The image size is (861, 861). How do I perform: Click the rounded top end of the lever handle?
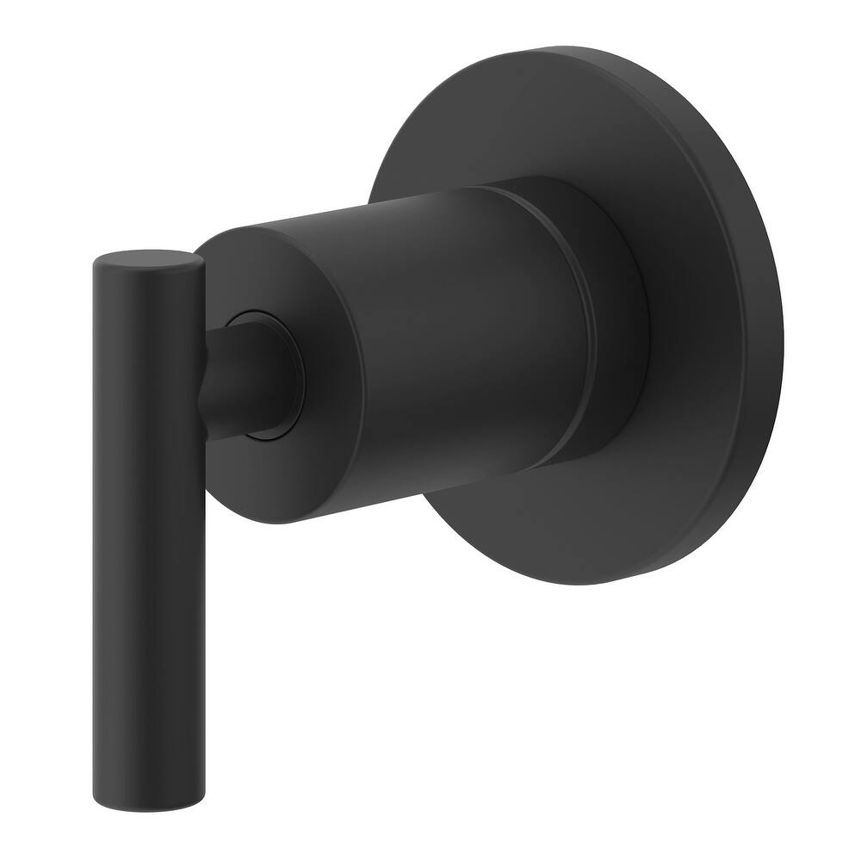pyautogui.click(x=148, y=258)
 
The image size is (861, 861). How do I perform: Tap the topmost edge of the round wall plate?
pyautogui.click(x=551, y=49)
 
